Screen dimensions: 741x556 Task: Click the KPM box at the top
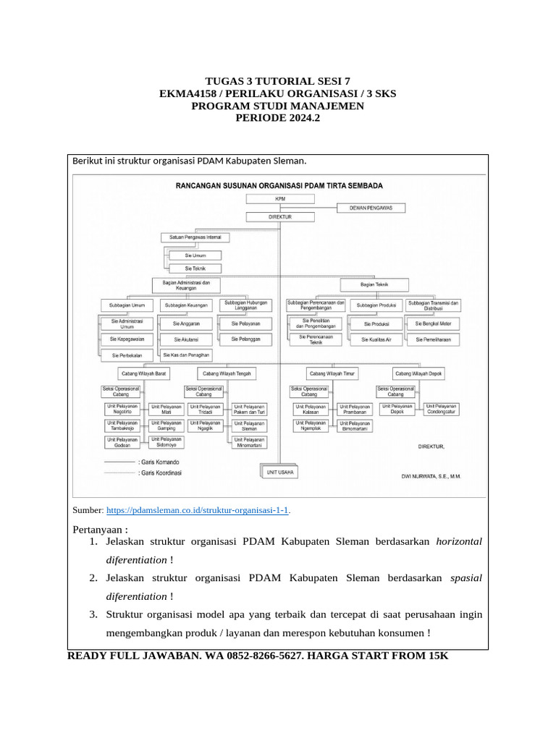[x=279, y=198]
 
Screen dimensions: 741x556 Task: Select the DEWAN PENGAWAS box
[x=371, y=207]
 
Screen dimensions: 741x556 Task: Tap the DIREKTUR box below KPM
[x=279, y=216]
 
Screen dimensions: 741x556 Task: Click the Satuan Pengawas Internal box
[x=195, y=237]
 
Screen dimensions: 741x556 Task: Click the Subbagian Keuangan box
[x=186, y=305]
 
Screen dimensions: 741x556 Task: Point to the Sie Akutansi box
[x=186, y=339]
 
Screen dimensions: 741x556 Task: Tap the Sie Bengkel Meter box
[x=433, y=323]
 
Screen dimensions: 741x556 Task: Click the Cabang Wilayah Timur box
[x=331, y=374]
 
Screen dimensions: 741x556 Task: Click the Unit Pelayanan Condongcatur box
[x=441, y=410]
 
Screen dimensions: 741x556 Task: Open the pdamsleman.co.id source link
[x=197, y=510]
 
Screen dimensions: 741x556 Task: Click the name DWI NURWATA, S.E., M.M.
[x=431, y=476]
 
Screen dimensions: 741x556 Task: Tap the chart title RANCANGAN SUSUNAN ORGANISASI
[x=279, y=186]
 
